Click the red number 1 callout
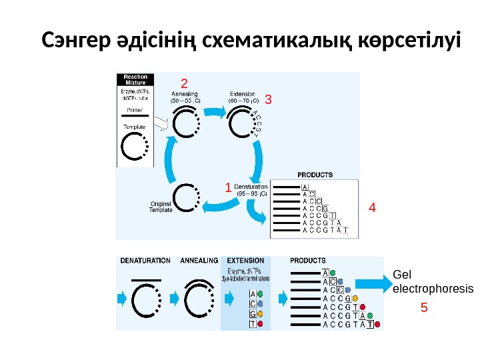pos(228,189)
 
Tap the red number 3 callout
pos(268,100)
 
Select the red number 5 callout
pos(423,308)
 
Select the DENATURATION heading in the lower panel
pos(145,261)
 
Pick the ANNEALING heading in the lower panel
pos(199,261)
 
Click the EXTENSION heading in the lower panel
pos(245,261)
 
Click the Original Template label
pos(161,207)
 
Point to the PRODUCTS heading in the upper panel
pos(315,175)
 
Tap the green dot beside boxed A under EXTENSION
pos(260,293)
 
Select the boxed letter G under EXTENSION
pos(252,313)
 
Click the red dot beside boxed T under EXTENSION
pos(260,323)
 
